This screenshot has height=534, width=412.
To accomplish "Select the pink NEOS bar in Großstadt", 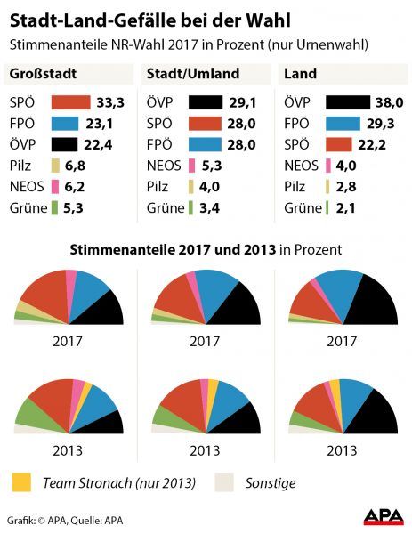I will (55, 187).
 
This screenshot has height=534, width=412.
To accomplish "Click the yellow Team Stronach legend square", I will (21, 483).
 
